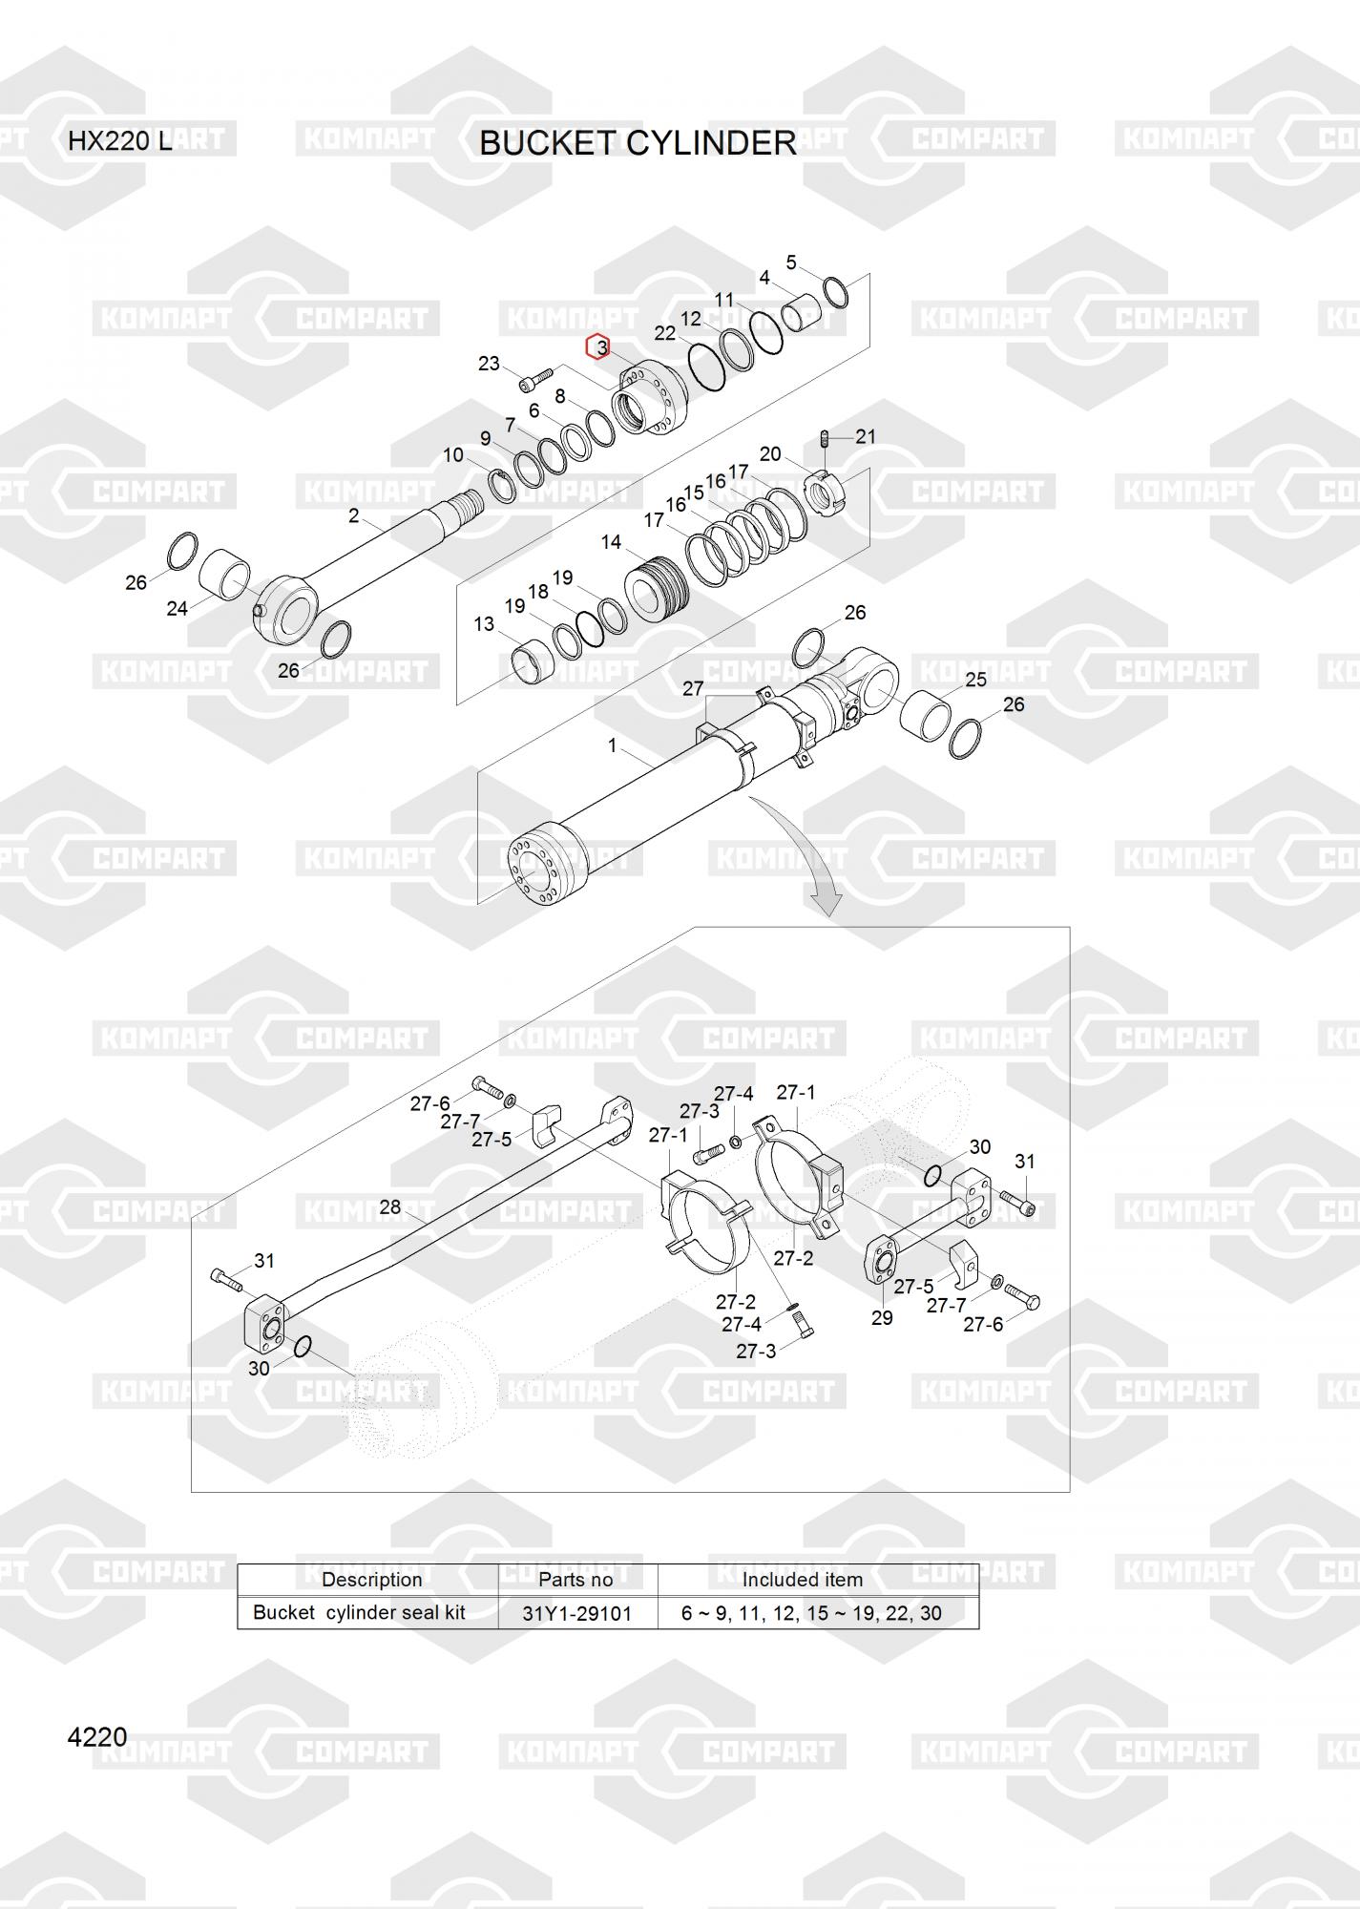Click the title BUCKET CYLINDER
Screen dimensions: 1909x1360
pos(637,143)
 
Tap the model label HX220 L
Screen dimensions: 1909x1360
pos(119,141)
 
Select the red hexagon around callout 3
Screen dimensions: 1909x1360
pos(598,347)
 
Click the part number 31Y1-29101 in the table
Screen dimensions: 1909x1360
pos(576,1613)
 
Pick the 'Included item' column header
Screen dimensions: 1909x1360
pos(802,1580)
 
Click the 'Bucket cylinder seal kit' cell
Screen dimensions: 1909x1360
pos(359,1612)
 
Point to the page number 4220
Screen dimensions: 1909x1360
pos(97,1736)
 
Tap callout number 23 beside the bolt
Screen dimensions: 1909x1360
pos(489,364)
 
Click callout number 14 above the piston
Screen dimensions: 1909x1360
pos(611,542)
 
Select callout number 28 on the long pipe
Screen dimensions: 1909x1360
pos(389,1207)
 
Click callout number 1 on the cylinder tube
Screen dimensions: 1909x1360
pos(613,745)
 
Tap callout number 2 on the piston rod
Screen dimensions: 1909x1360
pos(354,516)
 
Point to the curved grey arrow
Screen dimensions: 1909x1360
pos(802,854)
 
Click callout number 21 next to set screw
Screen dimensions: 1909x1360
pos(866,436)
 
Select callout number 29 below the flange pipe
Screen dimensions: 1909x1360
pos(882,1317)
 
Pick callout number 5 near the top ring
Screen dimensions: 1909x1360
pos(791,262)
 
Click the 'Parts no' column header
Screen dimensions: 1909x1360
pos(575,1580)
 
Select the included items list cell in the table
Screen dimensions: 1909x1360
pos(810,1613)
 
